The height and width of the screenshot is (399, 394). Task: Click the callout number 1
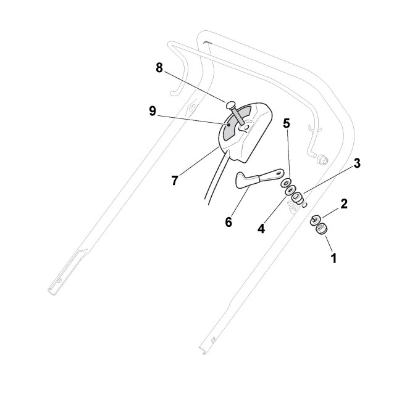334,258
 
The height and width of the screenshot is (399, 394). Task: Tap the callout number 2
344,204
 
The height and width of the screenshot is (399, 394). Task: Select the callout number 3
357,163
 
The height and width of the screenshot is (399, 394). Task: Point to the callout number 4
261,229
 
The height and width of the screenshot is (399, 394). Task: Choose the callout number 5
286,123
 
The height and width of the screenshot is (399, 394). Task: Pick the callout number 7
175,181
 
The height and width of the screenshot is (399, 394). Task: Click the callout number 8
159,68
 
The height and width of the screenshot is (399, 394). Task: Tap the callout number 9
152,111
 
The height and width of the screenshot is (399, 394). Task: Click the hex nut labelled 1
321,230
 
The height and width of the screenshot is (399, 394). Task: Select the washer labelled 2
315,219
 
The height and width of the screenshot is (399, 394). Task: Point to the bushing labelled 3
298,199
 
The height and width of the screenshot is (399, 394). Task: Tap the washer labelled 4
289,192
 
